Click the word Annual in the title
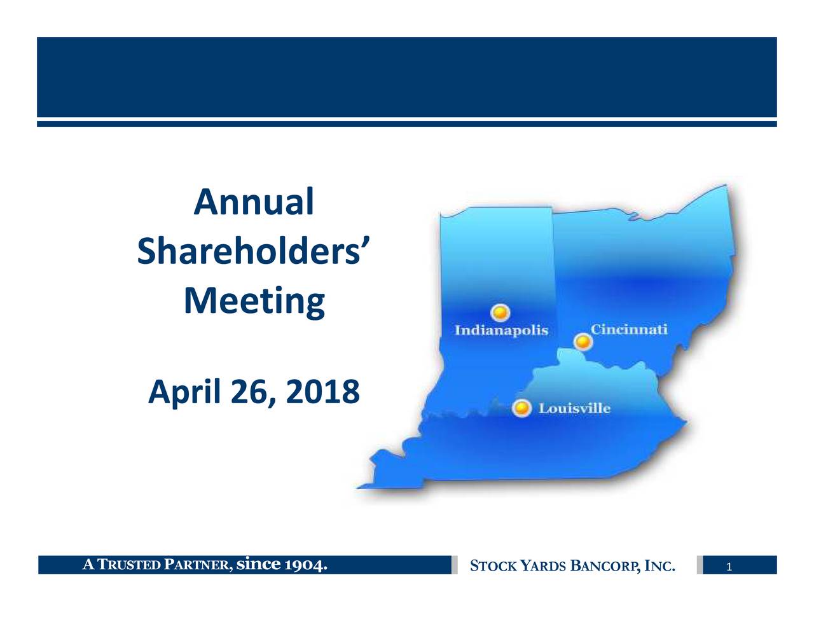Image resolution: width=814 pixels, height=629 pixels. tap(254, 202)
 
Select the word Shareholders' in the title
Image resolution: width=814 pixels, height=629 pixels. tap(254, 252)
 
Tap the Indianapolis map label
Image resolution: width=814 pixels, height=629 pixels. tap(501, 331)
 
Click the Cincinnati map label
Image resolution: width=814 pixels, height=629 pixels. tap(629, 329)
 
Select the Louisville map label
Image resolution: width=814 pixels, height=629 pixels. tap(574, 408)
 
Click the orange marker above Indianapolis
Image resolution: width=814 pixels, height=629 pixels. tap(500, 312)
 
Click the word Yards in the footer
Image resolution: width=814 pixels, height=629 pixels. tap(544, 565)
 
